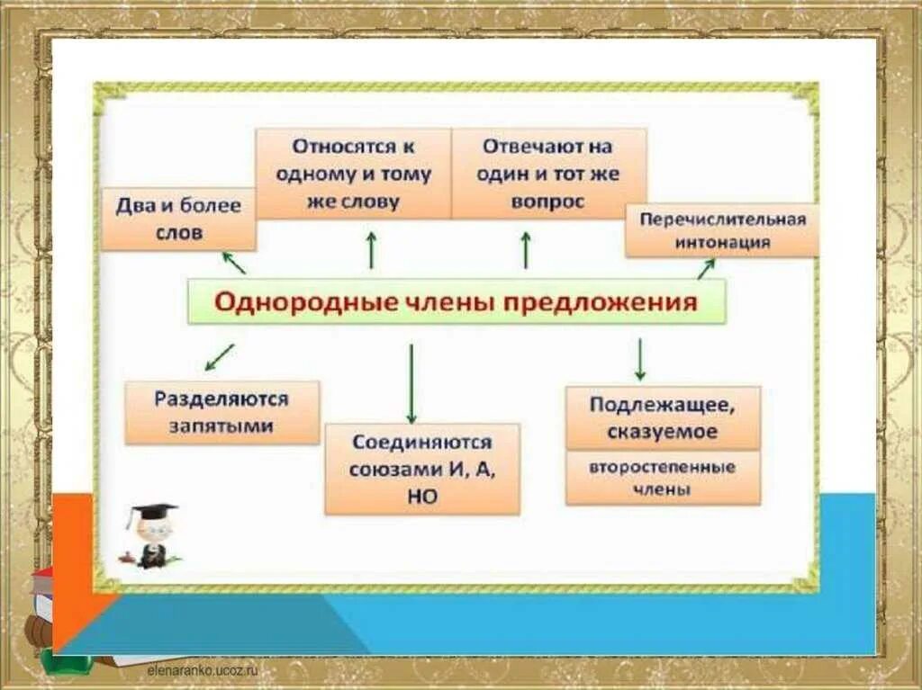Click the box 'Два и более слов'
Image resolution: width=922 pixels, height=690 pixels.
click(178, 219)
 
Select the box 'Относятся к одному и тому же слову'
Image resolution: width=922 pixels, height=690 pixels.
click(353, 174)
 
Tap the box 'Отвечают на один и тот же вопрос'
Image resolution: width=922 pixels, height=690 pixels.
click(548, 174)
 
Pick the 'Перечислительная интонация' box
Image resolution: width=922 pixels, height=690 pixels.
click(722, 229)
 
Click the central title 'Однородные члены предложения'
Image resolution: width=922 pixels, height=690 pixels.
click(456, 301)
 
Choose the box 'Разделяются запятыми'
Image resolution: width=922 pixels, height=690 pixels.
click(221, 411)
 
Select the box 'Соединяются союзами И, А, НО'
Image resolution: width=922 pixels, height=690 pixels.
click(421, 469)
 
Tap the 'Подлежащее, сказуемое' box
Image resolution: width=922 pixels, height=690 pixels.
click(663, 417)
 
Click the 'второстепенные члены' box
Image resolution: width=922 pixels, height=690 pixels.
click(663, 478)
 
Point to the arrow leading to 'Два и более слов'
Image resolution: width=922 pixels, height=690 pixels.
click(233, 262)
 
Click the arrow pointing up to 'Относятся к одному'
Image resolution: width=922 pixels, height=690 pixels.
click(370, 249)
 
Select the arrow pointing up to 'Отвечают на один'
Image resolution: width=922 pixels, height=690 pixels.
click(526, 249)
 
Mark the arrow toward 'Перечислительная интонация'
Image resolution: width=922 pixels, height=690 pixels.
click(706, 268)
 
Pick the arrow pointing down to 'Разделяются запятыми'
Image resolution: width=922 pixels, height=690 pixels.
click(219, 357)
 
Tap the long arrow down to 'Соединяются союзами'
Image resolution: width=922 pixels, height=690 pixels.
click(411, 383)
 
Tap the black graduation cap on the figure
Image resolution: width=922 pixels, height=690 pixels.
click(150, 513)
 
